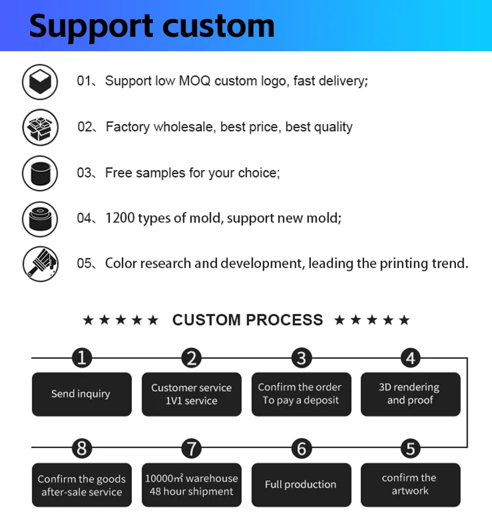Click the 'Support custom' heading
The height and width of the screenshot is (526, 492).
point(152,26)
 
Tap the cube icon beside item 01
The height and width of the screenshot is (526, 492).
point(40,81)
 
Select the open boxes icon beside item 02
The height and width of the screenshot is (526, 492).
point(40,127)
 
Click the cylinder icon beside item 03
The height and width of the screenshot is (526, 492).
point(40,173)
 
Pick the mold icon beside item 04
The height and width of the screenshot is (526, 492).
point(40,219)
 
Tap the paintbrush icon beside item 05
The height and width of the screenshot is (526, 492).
point(40,264)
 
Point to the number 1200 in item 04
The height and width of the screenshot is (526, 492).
point(119,218)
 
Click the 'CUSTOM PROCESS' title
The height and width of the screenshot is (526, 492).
point(247,320)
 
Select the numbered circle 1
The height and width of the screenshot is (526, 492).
point(81,358)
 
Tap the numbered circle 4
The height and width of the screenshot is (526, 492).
point(410,358)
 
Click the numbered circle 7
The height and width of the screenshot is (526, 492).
point(191,449)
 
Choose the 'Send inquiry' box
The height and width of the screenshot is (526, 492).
point(81,394)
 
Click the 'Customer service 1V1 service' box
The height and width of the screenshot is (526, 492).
point(191,394)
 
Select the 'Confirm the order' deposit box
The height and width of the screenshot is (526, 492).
point(300,394)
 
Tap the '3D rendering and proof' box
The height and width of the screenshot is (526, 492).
point(410,394)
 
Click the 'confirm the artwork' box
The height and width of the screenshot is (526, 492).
point(410,485)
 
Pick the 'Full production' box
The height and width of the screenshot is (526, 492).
point(300,485)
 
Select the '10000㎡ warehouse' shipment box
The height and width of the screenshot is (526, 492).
point(191,485)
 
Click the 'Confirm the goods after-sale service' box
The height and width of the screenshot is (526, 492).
point(81,485)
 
